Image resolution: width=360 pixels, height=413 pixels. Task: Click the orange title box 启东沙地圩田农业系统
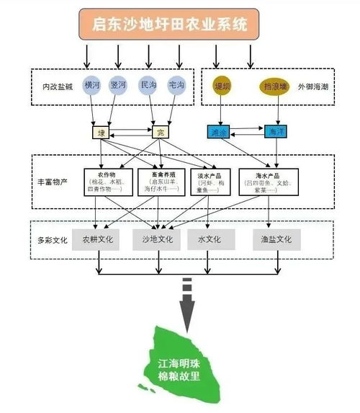tap(170, 25)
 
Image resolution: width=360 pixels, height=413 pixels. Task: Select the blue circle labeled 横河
tap(92, 85)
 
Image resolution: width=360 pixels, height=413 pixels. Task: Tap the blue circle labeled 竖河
tap(119, 85)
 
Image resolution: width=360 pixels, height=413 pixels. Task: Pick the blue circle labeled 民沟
tap(148, 85)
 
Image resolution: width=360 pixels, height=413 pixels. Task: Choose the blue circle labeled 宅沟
tap(176, 85)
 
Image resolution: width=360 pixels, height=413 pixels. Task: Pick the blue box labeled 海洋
tap(275, 132)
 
